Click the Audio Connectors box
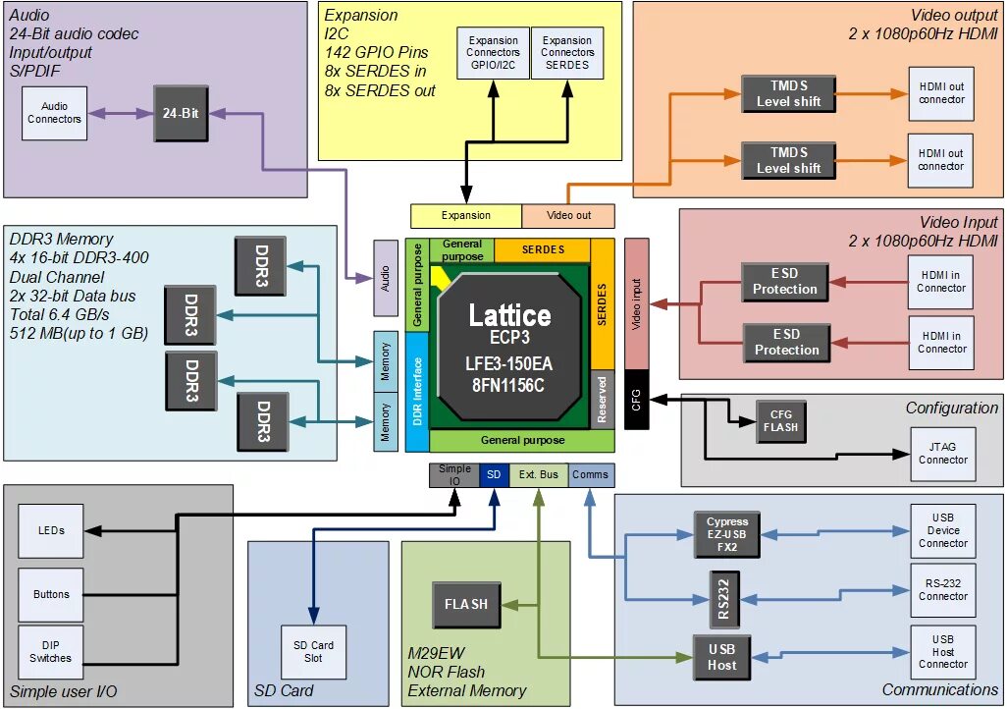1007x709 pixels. [54, 113]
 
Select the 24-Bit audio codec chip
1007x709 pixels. [181, 113]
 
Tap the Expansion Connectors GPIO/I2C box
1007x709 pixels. [494, 53]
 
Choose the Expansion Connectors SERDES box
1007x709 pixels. [567, 53]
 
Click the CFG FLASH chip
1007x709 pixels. [781, 420]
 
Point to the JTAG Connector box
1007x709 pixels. [942, 453]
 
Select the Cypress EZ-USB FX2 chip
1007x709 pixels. [727, 535]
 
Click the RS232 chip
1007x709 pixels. [722, 596]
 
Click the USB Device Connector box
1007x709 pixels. [942, 530]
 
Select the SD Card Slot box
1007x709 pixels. [313, 651]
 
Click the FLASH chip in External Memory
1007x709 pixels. [465, 604]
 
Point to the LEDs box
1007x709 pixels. [51, 530]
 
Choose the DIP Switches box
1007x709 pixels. [51, 651]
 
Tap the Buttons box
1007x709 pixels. [51, 594]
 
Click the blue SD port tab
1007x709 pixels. [495, 475]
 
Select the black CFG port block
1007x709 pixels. [636, 402]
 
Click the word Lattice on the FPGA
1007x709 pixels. [509, 316]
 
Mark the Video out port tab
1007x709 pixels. [568, 216]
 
